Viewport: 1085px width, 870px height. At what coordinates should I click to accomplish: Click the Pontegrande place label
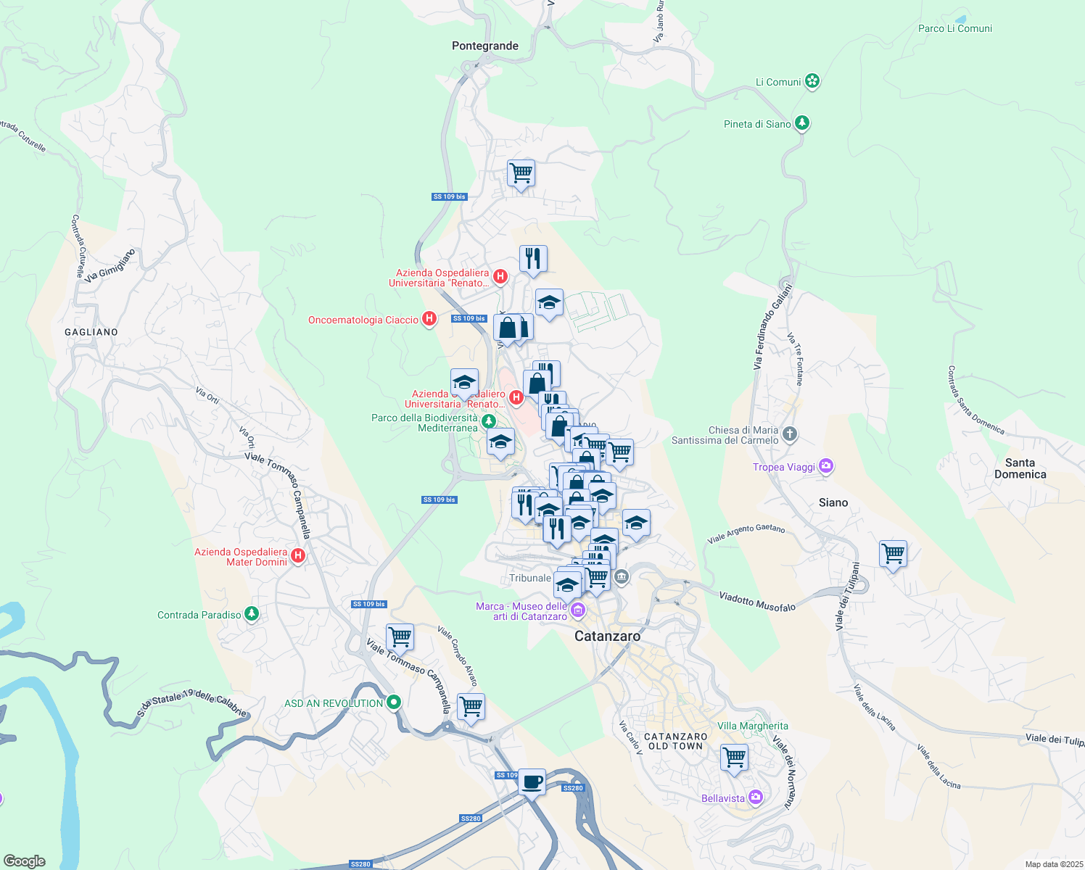pyautogui.click(x=484, y=46)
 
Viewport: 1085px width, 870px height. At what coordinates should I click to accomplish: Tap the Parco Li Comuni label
pyautogui.click(x=954, y=28)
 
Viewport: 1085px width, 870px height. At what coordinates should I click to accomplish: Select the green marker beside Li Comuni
pyautogui.click(x=812, y=81)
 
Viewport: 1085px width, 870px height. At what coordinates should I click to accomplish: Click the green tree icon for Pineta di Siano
pyautogui.click(x=801, y=123)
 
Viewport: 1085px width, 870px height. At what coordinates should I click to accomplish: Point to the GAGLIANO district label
pyautogui.click(x=91, y=332)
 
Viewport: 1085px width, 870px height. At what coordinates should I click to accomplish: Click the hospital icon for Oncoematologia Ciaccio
pyautogui.click(x=429, y=319)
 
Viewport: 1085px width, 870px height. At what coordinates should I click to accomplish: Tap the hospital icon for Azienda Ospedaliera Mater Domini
pyautogui.click(x=297, y=557)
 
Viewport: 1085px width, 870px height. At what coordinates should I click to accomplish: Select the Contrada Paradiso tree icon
pyautogui.click(x=252, y=614)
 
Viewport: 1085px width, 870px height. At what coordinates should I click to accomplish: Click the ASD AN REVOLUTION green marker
pyautogui.click(x=394, y=703)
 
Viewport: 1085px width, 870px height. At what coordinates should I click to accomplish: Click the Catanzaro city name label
pyautogui.click(x=607, y=636)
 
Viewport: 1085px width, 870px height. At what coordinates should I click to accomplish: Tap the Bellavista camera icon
pyautogui.click(x=756, y=797)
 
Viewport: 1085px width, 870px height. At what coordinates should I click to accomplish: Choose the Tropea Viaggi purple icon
pyautogui.click(x=825, y=466)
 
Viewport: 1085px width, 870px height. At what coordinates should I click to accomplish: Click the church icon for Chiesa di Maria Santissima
pyautogui.click(x=790, y=434)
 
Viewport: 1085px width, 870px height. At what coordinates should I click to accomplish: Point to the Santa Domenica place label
pyautogui.click(x=1020, y=468)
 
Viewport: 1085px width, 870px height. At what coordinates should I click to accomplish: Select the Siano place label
pyautogui.click(x=833, y=502)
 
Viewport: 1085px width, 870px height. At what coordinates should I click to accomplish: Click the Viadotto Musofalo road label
pyautogui.click(x=756, y=601)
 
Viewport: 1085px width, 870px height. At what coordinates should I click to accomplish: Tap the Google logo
pyautogui.click(x=24, y=861)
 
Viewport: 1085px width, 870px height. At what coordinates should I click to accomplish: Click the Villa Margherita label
pyautogui.click(x=752, y=726)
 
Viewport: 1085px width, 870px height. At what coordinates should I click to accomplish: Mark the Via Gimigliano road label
pyautogui.click(x=110, y=265)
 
